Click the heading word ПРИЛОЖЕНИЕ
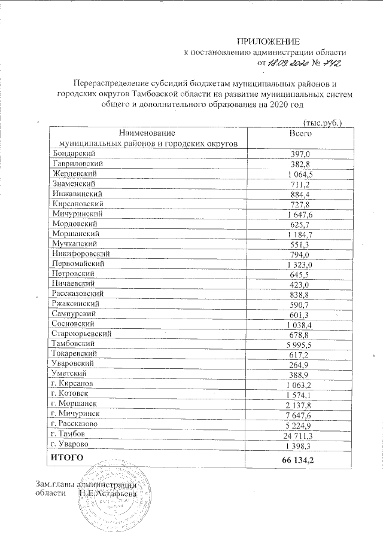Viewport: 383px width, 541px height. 267,41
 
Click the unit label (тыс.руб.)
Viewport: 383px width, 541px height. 323,123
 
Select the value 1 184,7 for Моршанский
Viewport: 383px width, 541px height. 300,234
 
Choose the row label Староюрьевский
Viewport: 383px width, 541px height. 82,333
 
